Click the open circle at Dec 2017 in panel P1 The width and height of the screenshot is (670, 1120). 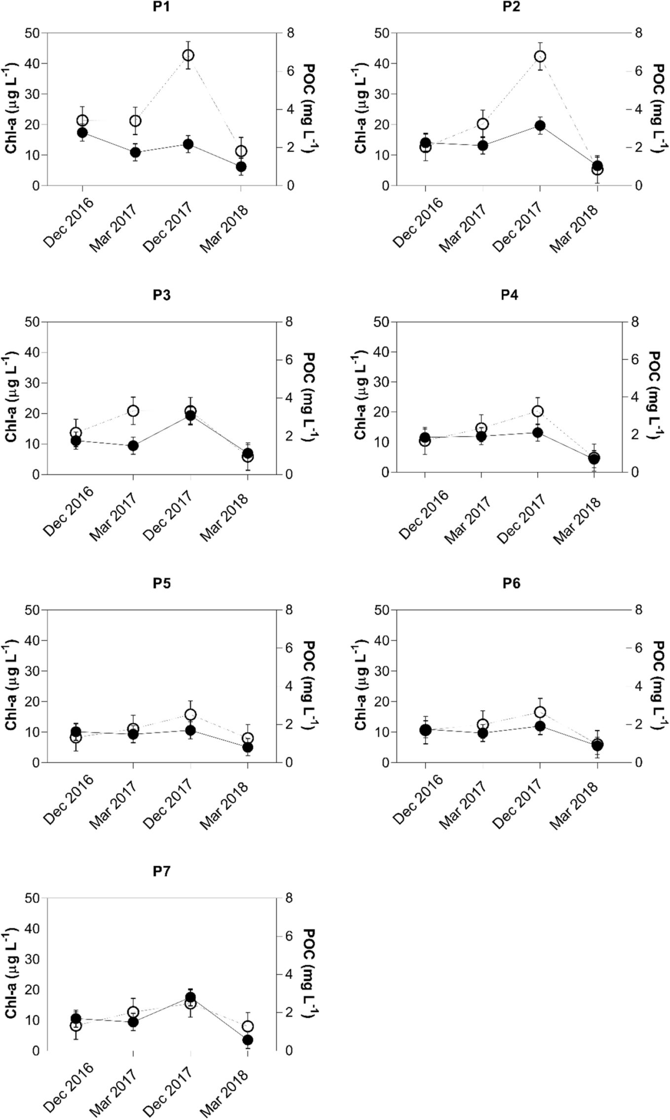click(x=188, y=55)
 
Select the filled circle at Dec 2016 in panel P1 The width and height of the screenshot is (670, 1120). click(x=82, y=133)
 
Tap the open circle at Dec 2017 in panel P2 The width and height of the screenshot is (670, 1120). click(x=540, y=56)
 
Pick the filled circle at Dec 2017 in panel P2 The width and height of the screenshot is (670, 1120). click(x=540, y=125)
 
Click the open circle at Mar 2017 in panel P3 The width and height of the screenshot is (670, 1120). click(x=133, y=411)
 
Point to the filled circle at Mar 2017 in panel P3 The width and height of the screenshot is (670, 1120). click(x=133, y=446)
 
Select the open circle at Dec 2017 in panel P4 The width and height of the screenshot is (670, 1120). click(x=538, y=411)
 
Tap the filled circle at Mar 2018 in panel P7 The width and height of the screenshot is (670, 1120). click(x=248, y=1040)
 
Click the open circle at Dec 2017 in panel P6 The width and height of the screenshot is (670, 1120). click(x=540, y=712)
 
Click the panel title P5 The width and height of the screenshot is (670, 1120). click(x=161, y=583)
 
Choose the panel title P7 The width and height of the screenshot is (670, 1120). click(x=161, y=871)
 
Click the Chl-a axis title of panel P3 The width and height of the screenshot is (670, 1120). click(x=11, y=398)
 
